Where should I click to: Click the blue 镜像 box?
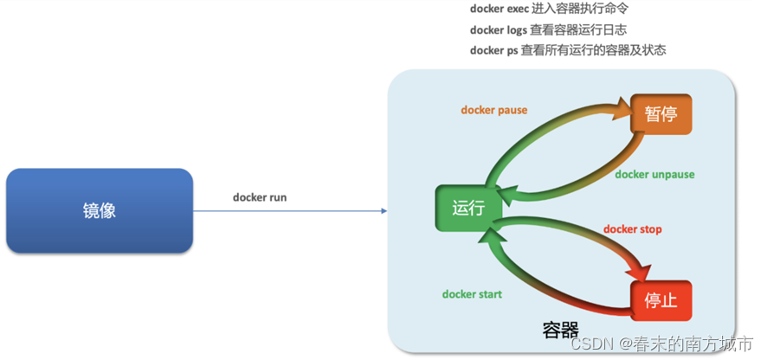coord(100,210)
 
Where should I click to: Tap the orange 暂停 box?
coord(661,113)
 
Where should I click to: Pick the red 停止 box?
coord(661,300)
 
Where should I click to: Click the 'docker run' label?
coord(260,197)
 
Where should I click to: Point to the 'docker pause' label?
coord(493,110)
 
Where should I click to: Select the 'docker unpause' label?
coord(654,174)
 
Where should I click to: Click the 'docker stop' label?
coord(632,229)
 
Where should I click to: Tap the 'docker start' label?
coord(472,294)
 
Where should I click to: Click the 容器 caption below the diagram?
coord(561,330)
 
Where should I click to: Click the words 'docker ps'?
coord(493,50)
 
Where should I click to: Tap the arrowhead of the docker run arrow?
coord(381,210)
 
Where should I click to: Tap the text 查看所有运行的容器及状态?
coord(593,50)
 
